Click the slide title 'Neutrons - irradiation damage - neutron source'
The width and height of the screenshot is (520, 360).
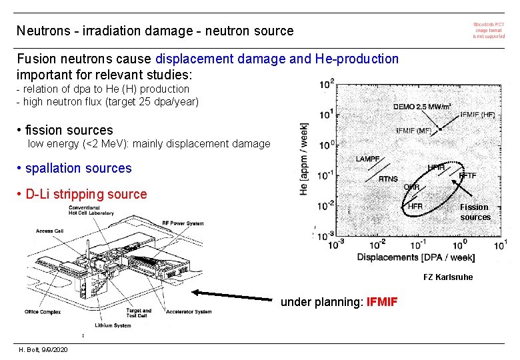[155, 31]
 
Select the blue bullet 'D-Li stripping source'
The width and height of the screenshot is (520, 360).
[85, 195]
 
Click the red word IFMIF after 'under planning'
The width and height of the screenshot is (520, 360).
[382, 302]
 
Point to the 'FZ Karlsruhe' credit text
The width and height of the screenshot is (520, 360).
[448, 277]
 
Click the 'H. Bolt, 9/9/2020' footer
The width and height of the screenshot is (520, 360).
[42, 350]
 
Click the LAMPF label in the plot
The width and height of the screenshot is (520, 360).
[368, 159]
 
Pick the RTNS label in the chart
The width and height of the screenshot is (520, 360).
[388, 179]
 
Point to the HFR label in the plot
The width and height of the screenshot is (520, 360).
[415, 207]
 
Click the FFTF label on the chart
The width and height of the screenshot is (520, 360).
[467, 175]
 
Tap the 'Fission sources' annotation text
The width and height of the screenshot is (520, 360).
[475, 212]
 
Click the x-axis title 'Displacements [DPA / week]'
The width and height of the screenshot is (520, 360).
[416, 257]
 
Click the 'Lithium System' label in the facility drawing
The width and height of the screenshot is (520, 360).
[113, 325]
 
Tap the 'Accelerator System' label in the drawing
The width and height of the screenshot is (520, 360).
[189, 311]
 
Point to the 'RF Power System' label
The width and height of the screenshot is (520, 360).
[183, 223]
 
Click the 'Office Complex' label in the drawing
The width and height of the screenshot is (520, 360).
[43, 311]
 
